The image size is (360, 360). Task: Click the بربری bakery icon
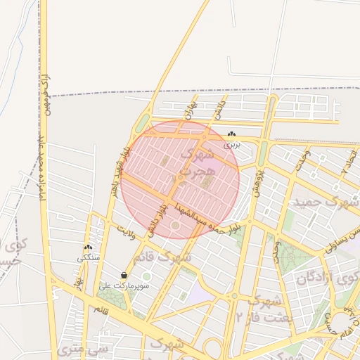(231, 134)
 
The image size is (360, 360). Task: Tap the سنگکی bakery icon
(88, 247)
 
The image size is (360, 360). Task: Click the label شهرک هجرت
(195, 162)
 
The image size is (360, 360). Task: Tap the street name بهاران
(190, 109)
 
